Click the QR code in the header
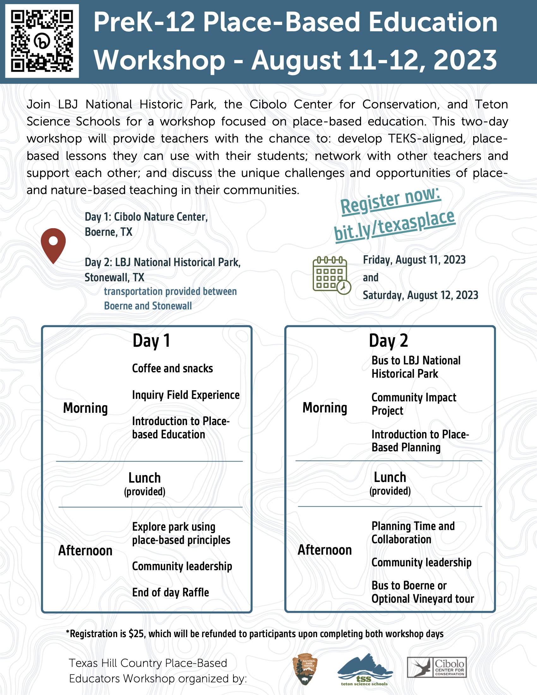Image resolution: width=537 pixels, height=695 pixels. [x=42, y=41]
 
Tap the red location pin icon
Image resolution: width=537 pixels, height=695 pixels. [x=53, y=245]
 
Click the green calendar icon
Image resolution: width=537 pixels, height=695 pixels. [x=331, y=275]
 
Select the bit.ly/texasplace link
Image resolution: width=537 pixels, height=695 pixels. [x=395, y=225]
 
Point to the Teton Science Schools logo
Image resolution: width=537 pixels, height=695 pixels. [x=365, y=669]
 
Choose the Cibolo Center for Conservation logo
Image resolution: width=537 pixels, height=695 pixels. [x=437, y=667]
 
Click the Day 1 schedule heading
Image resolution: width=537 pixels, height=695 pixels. [x=151, y=341]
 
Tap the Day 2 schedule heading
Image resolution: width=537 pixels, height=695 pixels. [x=389, y=341]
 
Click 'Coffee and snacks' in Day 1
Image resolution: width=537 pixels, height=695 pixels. [x=172, y=369]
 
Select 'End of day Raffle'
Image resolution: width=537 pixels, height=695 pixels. [x=171, y=593]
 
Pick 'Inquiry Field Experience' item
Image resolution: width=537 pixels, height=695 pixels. [x=186, y=395]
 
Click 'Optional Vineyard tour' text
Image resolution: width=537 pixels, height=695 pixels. [x=423, y=599]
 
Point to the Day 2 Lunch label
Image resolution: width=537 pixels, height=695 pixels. [x=390, y=477]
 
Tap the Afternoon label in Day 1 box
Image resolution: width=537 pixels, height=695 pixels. [x=85, y=551]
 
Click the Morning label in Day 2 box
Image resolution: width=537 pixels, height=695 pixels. [x=325, y=408]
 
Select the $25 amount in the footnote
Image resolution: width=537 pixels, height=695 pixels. [x=136, y=634]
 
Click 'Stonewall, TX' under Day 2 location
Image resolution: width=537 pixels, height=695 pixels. [x=115, y=277]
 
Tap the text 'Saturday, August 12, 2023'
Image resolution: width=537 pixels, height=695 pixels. [x=420, y=295]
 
